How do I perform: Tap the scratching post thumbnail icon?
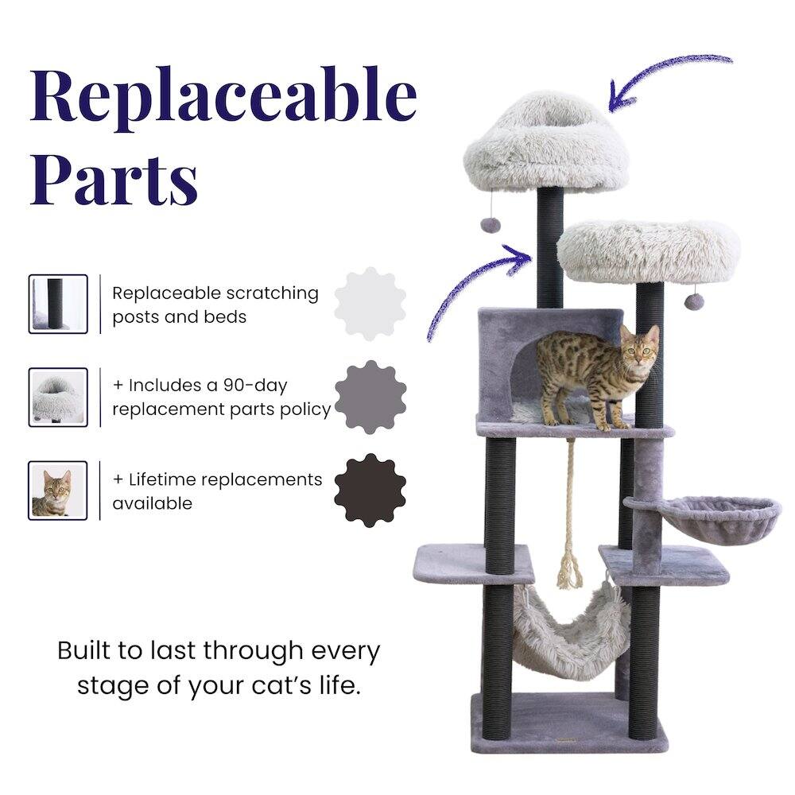[58, 304]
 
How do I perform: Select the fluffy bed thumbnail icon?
[58, 397]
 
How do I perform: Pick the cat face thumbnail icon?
[58, 490]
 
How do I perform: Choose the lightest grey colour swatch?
[370, 304]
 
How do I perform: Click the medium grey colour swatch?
[370, 397]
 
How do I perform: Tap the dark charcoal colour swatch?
[370, 490]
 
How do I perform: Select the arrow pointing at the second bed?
[477, 286]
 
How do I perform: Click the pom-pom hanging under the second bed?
[694, 301]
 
